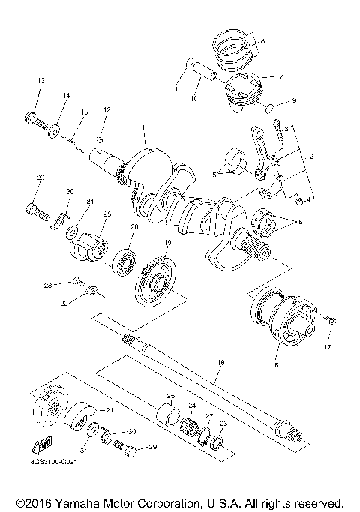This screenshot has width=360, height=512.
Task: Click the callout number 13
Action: click(x=40, y=80)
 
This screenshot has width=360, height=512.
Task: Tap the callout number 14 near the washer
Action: click(x=65, y=96)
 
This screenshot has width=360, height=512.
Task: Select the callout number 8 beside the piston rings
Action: click(x=263, y=41)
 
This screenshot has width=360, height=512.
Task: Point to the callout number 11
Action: click(x=174, y=90)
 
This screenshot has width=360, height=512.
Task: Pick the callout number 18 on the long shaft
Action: click(x=220, y=362)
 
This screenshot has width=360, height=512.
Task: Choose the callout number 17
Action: click(x=327, y=346)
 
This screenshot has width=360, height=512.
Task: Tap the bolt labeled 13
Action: click(x=36, y=118)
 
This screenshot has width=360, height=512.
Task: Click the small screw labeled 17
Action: click(x=328, y=321)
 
